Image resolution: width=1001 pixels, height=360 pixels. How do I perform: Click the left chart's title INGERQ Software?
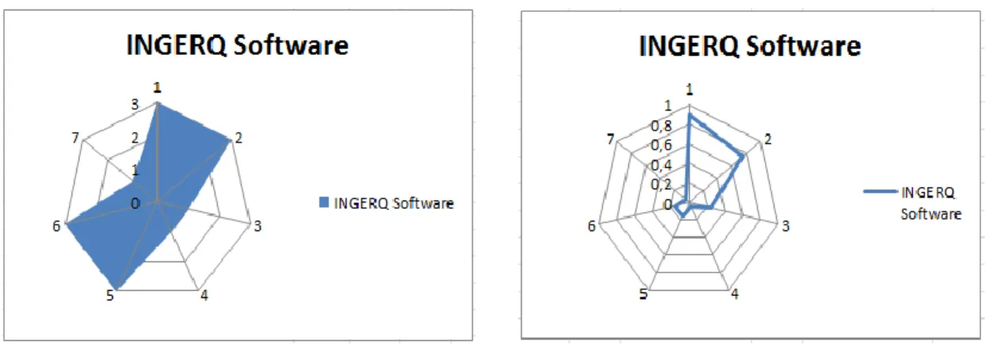coord(238,45)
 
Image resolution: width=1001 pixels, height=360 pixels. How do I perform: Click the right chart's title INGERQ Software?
coord(750,46)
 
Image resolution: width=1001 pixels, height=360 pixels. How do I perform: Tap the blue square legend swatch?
coord(324,203)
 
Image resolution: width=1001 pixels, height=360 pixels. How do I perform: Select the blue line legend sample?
coord(880,192)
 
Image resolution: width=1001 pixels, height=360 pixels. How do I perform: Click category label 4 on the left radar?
coord(204,296)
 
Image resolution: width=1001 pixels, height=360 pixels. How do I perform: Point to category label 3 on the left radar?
coord(257,226)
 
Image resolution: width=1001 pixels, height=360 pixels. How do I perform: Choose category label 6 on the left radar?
coord(56,226)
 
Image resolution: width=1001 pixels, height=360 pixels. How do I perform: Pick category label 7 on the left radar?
coord(75,137)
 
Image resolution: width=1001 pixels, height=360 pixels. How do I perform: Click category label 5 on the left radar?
coord(110,296)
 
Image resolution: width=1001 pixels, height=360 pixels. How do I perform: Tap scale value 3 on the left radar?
coord(135,105)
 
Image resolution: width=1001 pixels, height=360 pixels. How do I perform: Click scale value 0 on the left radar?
coord(135,203)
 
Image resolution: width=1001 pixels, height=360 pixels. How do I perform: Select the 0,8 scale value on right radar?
coord(661,126)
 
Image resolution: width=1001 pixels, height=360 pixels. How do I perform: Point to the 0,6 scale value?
coord(661,145)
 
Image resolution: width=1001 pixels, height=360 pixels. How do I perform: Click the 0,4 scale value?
coord(661,165)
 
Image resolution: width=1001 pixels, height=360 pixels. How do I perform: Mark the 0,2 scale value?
coord(661,184)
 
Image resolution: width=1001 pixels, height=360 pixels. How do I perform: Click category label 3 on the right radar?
coord(786,226)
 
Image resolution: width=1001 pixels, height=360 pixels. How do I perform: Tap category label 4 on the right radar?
coord(735,294)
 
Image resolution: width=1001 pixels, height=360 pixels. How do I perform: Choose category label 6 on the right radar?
coord(592,226)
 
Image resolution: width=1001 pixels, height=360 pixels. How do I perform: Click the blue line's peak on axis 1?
coord(690,115)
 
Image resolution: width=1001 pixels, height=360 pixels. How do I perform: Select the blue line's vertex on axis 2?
coord(742,157)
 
